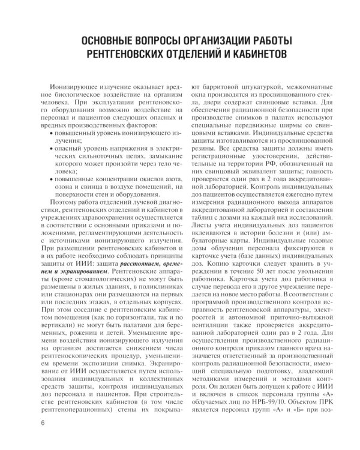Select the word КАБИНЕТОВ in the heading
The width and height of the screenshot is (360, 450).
coord(259,56)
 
